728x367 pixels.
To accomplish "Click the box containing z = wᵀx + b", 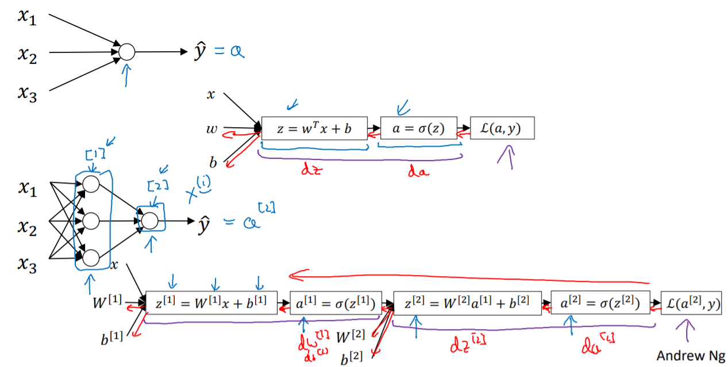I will click(314, 129).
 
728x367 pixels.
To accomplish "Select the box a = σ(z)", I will click(418, 129).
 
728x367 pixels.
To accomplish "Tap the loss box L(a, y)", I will click(502, 129).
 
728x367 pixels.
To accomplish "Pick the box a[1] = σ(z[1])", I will click(336, 303).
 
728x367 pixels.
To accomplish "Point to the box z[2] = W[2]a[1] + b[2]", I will click(468, 303).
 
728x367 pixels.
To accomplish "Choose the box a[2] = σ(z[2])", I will click(600, 303).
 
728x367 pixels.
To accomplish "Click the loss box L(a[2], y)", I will click(691, 303).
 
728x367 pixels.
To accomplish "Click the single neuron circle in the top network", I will click(126, 52).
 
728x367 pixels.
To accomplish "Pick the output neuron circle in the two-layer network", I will click(149, 220).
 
